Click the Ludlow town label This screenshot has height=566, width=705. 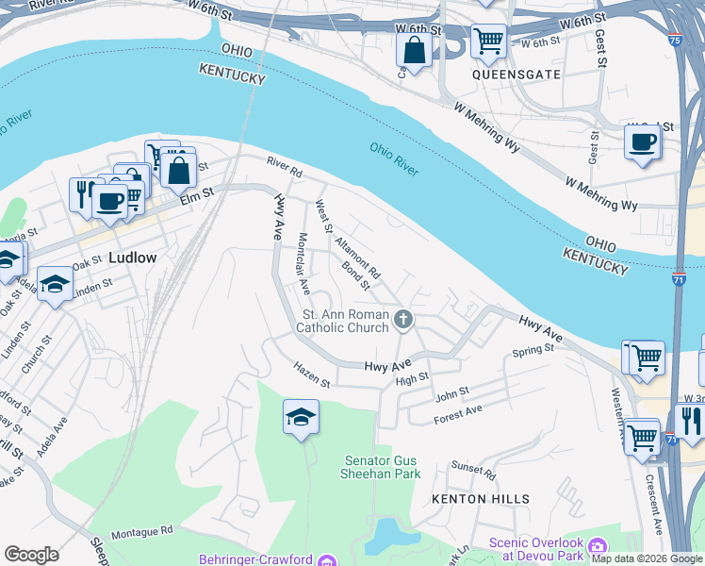133,257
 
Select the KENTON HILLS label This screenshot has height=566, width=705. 481,498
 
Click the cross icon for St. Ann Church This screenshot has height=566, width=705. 403,320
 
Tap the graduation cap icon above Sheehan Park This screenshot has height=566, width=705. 301,417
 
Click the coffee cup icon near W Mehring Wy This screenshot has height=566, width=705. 643,142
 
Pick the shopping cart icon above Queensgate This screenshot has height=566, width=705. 488,41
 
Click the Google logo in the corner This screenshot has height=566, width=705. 31,555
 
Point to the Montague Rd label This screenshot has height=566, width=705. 141,533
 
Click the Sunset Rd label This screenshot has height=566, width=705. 472,468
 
